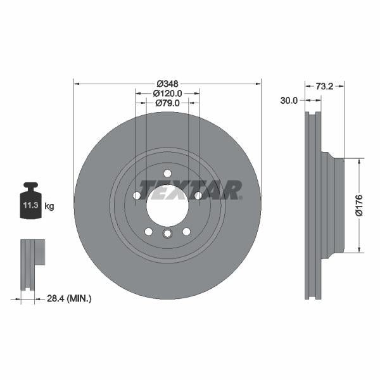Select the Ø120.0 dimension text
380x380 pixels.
click(x=167, y=93)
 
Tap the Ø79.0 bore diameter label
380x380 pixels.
click(x=167, y=103)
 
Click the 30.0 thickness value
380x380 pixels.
click(x=289, y=100)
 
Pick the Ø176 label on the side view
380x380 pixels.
click(x=358, y=206)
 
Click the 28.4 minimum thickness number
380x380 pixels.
click(x=58, y=297)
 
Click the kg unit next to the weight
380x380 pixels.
click(x=49, y=206)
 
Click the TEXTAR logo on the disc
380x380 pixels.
click(x=191, y=189)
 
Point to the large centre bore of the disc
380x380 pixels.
click(x=167, y=205)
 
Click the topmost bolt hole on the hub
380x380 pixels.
click(x=167, y=174)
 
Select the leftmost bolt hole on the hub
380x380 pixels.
click(x=137, y=196)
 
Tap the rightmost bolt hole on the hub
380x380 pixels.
click(x=198, y=196)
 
